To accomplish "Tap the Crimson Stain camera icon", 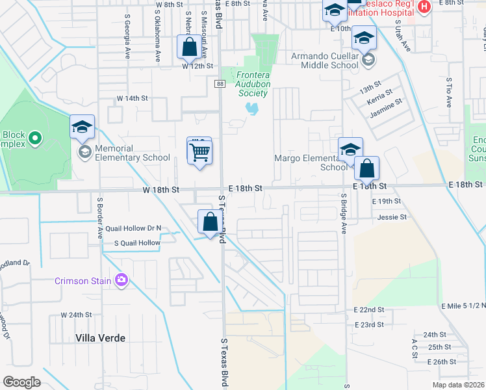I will coord(121,280).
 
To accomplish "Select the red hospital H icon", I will coord(424,6).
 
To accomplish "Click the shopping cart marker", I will coord(200,153).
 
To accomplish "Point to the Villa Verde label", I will coord(100,338).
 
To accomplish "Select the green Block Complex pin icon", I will coord(35,138).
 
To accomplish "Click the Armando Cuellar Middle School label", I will coord(325,60).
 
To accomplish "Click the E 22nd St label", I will coord(369,310).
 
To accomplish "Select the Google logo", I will coord(22,382).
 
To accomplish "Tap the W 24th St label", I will coord(77,315).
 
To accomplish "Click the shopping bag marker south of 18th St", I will coord(210,222).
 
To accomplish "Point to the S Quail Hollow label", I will coord(136,243).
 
